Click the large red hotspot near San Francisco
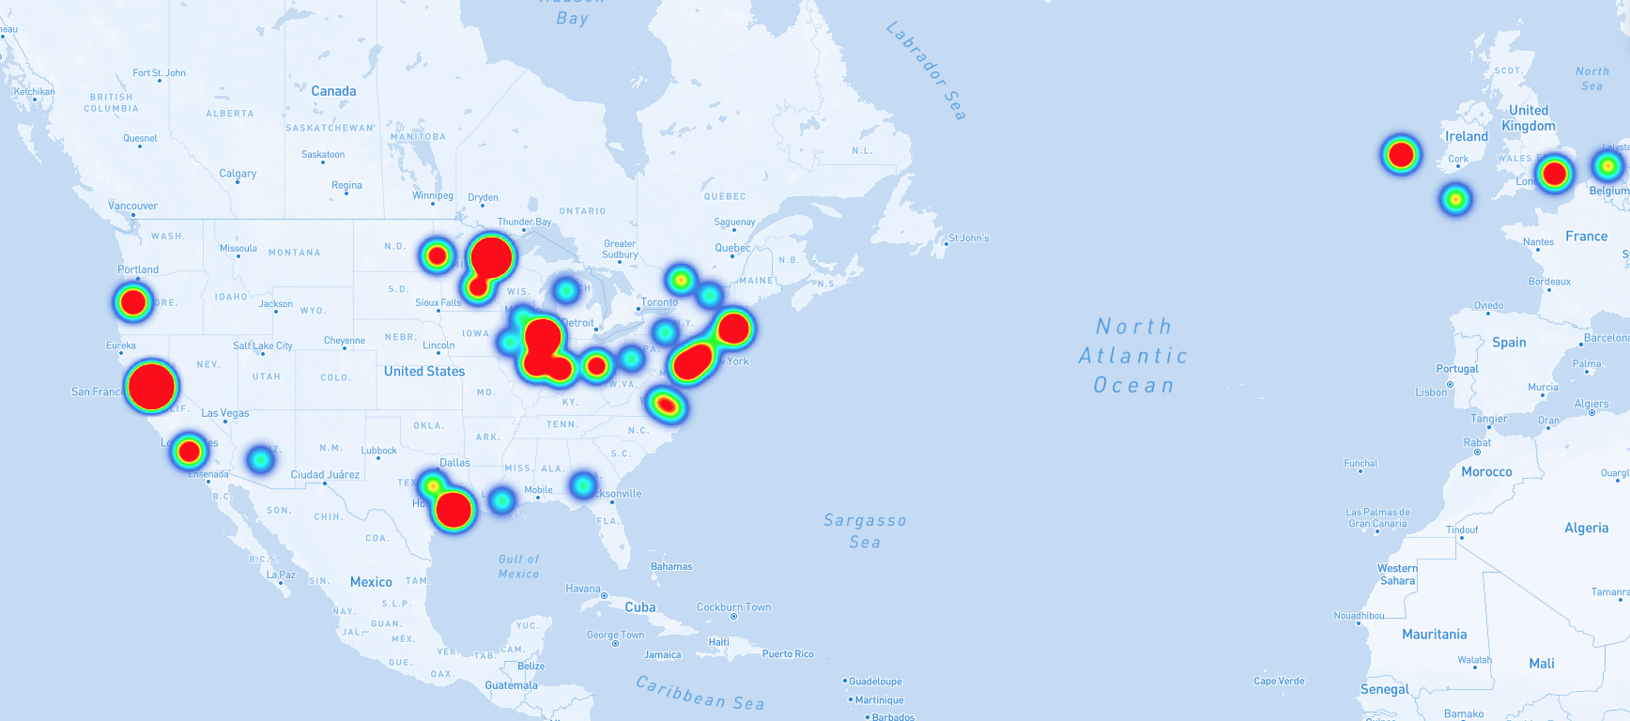click(151, 386)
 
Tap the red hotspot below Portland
click(133, 301)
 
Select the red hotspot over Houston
click(454, 510)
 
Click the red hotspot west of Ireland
click(1401, 154)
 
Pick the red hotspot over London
click(1555, 174)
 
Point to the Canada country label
click(333, 91)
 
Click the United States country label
click(424, 371)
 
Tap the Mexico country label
click(371, 582)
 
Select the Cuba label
click(640, 607)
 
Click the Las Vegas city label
click(225, 413)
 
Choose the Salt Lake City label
click(263, 345)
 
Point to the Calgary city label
click(238, 174)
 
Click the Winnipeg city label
click(433, 195)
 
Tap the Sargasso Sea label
click(865, 530)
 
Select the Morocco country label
click(1486, 471)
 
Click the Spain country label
click(1509, 343)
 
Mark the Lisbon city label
click(1431, 392)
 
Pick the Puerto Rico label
click(788, 654)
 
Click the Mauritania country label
click(1434, 635)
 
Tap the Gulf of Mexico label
click(518, 566)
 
